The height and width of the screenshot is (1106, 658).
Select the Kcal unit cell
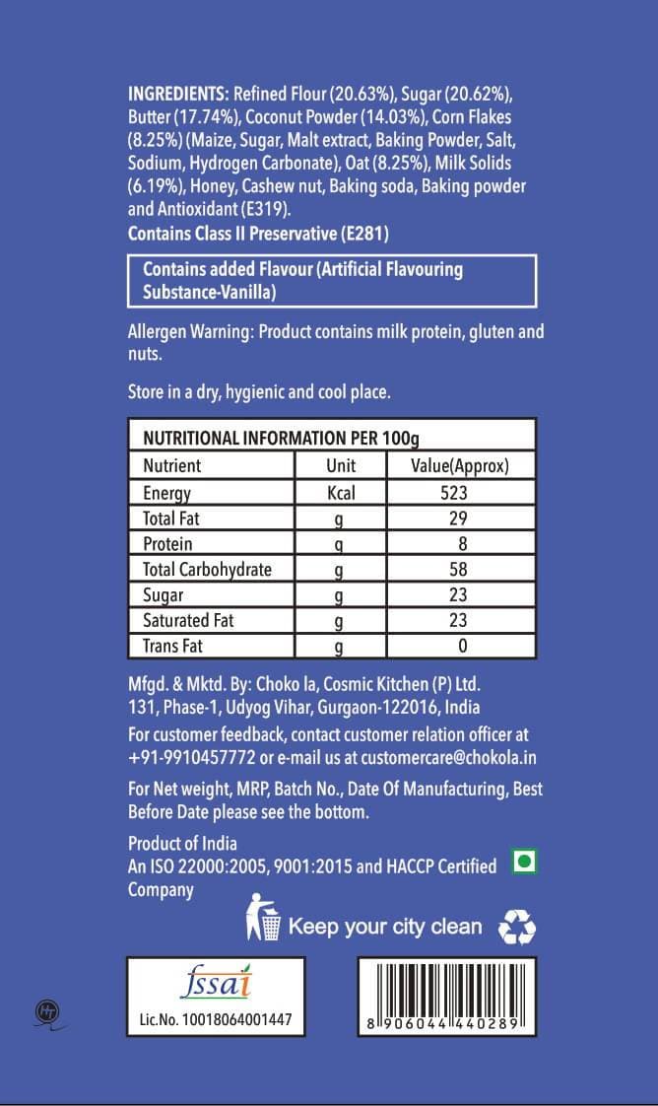[x=340, y=493]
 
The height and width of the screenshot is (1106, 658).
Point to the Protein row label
[x=167, y=544]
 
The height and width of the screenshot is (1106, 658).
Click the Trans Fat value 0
[x=461, y=647]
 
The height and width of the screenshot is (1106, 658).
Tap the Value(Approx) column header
[x=459, y=465]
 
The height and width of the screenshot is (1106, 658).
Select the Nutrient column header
[x=171, y=465]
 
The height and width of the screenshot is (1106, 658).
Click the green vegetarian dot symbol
[x=526, y=863]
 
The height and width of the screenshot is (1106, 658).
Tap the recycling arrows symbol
[x=517, y=927]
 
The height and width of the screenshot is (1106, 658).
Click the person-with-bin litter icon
[x=264, y=918]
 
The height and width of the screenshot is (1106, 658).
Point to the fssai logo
[x=218, y=984]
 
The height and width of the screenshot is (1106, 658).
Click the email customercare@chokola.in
[x=448, y=758]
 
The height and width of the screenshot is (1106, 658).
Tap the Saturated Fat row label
[x=188, y=621]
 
